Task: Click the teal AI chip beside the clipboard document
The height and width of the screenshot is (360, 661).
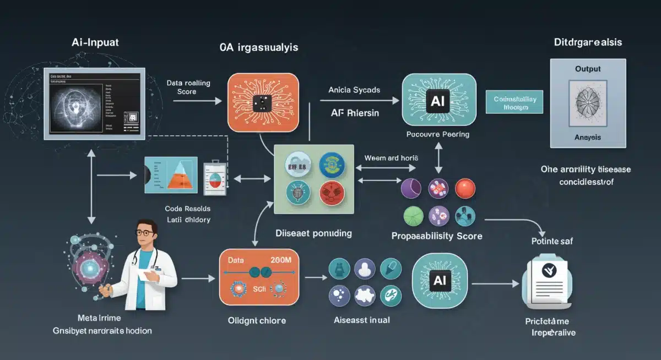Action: click(439, 280)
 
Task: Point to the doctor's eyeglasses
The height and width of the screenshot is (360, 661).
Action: click(145, 233)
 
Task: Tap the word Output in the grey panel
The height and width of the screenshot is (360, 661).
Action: click(587, 69)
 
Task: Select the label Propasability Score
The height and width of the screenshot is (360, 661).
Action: click(437, 236)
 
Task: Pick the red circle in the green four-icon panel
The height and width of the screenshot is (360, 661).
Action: click(330, 191)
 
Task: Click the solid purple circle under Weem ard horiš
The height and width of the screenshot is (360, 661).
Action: click(411, 187)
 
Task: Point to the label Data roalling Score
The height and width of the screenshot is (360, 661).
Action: click(188, 87)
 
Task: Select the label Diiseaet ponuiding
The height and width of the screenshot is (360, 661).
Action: click(313, 233)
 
